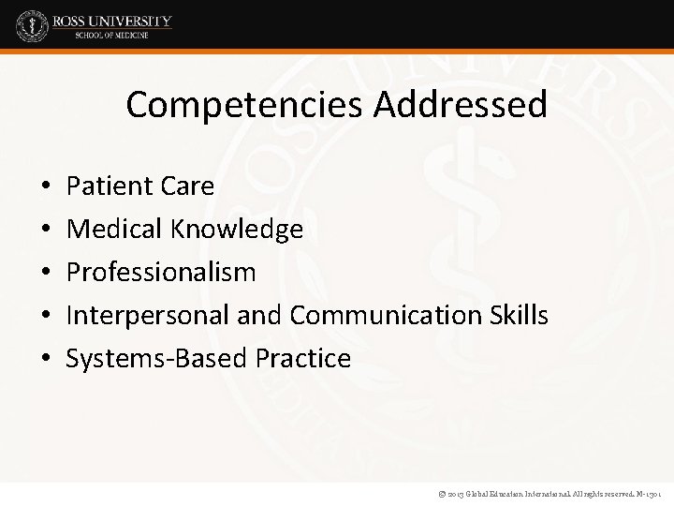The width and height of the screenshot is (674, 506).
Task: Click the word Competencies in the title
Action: point(245,105)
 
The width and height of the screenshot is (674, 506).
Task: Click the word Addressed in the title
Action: point(462,105)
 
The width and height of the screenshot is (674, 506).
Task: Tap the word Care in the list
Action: point(189,186)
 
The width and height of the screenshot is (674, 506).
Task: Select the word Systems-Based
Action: point(141,359)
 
